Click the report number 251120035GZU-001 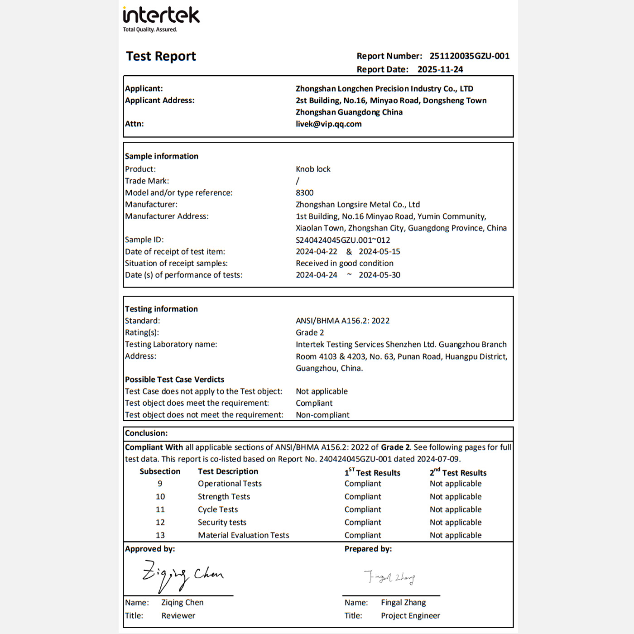[469, 56]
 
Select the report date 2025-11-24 [440, 69]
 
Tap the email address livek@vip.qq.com [328, 124]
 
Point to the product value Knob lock [313, 169]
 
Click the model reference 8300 [304, 192]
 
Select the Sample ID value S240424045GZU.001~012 [342, 240]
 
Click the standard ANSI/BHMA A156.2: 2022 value [342, 321]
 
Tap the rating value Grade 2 [310, 332]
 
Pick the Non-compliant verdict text [322, 415]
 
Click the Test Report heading [161, 56]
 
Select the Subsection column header [160, 471]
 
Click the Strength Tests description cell [224, 497]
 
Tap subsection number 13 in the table [160, 535]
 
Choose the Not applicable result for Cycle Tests [456, 509]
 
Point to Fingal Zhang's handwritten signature [389, 577]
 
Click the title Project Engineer [410, 616]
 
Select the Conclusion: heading [146, 433]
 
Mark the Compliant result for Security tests [363, 523]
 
